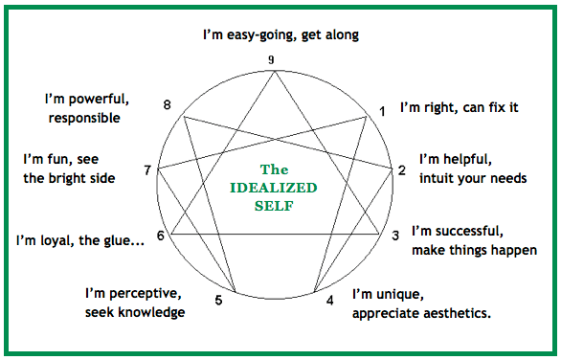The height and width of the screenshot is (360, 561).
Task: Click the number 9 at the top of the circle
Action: tap(272, 59)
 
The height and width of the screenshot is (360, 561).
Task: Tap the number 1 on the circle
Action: tap(383, 112)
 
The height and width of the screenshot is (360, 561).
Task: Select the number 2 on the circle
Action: tap(402, 170)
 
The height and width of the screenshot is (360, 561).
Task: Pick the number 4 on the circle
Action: tap(330, 300)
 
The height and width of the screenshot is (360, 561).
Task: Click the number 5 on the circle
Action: tap(219, 301)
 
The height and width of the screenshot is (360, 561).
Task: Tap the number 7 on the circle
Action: tap(147, 170)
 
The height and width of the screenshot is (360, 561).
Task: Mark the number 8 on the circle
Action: tap(168, 104)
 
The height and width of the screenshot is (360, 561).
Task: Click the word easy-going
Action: tap(275, 35)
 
